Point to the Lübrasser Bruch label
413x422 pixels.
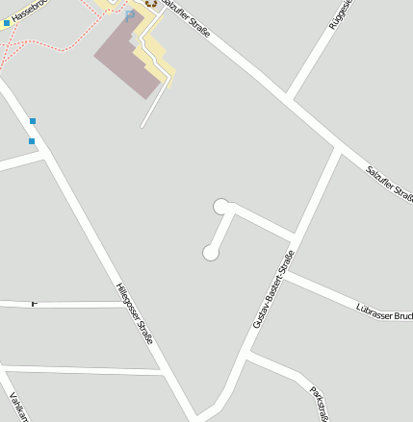pos(383,311)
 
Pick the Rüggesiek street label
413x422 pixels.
pos(342,13)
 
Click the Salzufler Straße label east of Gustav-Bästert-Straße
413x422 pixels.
pos(389,184)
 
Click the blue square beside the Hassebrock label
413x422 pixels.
pos(6,22)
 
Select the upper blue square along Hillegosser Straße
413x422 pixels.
pos(33,121)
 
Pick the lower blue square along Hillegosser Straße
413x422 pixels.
pos(32,141)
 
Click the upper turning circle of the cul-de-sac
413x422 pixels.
pos(220,206)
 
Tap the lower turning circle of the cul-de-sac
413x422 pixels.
pos(209,253)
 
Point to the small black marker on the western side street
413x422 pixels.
pos(35,304)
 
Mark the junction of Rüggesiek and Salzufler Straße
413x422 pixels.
pos(288,98)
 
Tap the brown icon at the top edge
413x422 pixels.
pos(150,3)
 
